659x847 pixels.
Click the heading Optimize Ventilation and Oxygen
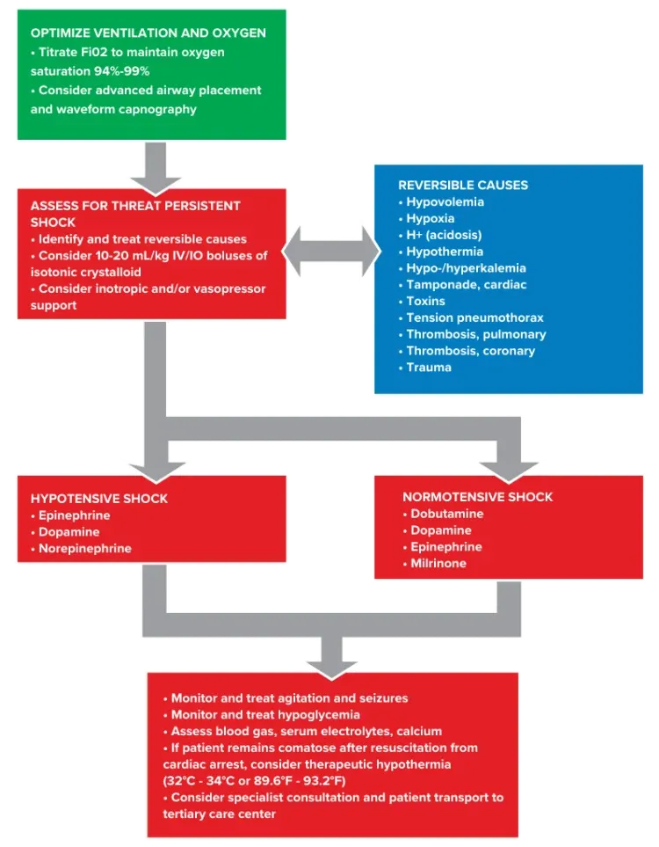148,33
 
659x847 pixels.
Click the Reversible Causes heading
463,186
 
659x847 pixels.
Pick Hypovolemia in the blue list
445,202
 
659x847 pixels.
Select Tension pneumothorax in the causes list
474,318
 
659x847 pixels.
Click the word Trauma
429,367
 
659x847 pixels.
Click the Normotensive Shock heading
477,497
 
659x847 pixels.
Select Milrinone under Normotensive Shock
438,563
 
